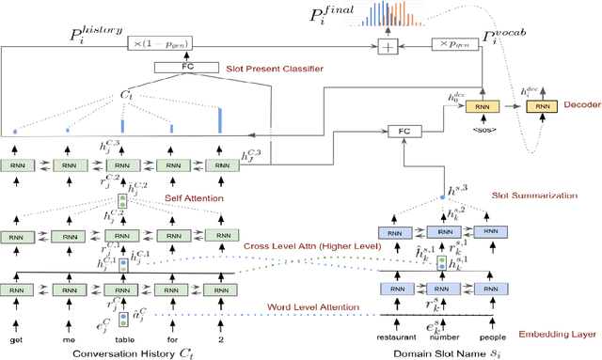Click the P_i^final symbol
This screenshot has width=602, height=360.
point(328,13)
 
